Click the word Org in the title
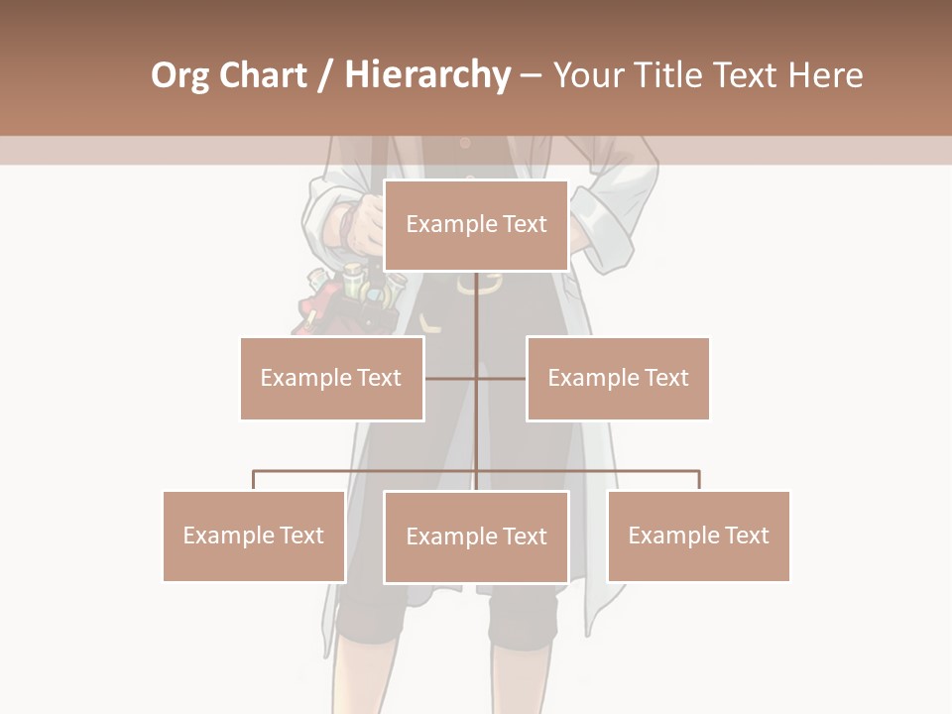[x=180, y=75]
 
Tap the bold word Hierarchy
[x=427, y=75]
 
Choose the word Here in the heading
[x=824, y=75]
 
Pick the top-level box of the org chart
[x=476, y=225]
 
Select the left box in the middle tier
[x=331, y=378]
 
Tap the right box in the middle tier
[x=618, y=378]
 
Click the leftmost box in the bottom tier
[x=254, y=535]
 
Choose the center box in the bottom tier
[x=476, y=536]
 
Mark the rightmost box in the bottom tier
[x=698, y=535]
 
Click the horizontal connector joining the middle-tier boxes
[x=476, y=378]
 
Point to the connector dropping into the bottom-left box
[x=254, y=480]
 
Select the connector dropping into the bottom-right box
[x=699, y=480]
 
